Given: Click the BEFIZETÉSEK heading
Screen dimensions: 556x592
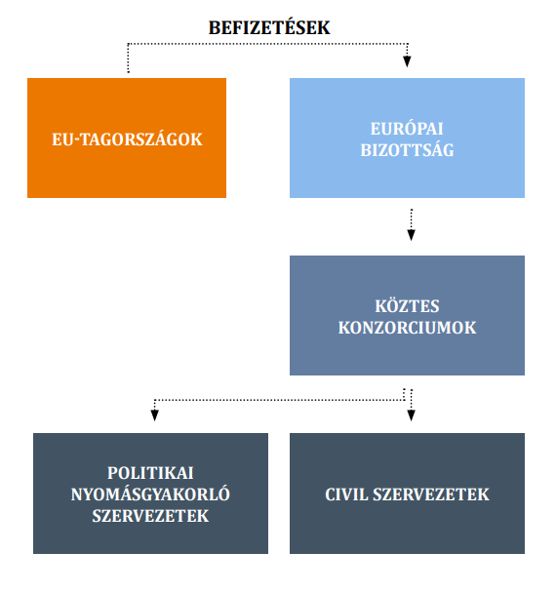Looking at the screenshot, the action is [x=269, y=28].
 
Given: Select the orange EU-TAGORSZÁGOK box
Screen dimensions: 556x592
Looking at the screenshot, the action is [x=127, y=138].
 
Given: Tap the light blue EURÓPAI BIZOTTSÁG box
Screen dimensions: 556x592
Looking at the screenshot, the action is [x=407, y=138].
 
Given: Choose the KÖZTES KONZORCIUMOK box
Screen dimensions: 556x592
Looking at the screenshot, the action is [x=407, y=315].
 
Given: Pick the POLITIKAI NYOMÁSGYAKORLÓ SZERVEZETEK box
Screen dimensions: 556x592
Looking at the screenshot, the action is [x=151, y=493].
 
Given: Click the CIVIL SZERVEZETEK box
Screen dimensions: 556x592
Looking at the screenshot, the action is [x=407, y=493].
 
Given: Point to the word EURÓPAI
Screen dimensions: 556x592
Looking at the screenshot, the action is [x=407, y=129].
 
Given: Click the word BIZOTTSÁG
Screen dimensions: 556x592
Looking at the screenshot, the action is [x=407, y=150].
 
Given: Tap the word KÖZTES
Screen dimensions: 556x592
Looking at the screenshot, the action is [x=407, y=305].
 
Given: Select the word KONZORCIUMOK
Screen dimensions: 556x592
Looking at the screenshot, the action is [x=407, y=328].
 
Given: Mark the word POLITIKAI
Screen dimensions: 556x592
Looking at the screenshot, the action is [x=151, y=473].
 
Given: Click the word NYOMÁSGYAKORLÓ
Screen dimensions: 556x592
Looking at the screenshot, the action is [x=150, y=493].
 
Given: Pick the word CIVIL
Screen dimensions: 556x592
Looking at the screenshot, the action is [x=346, y=494].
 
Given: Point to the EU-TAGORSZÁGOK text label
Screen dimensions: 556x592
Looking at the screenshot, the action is [x=127, y=139].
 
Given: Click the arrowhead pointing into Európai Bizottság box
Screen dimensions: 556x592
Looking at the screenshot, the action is [x=407, y=61].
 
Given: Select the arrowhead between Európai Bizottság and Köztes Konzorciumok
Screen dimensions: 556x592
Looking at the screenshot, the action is [x=411, y=235].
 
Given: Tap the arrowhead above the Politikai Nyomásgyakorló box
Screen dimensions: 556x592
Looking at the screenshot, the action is [x=154, y=415].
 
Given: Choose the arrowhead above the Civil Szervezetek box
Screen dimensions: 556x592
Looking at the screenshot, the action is [x=411, y=415].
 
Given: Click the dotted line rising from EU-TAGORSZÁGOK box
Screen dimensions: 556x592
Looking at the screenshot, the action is [x=129, y=59].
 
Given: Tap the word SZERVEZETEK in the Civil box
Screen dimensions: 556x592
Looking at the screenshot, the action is [x=431, y=494].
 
